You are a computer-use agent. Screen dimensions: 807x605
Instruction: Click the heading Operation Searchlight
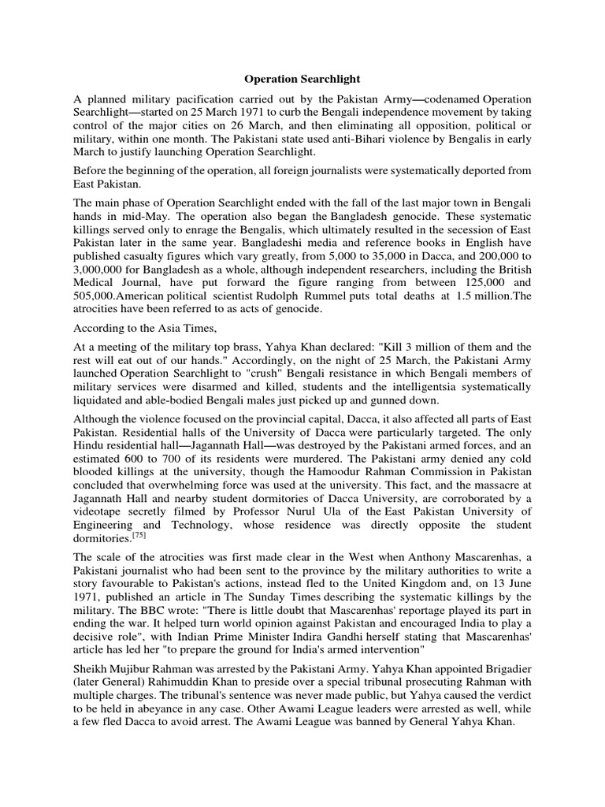click(x=302, y=79)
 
